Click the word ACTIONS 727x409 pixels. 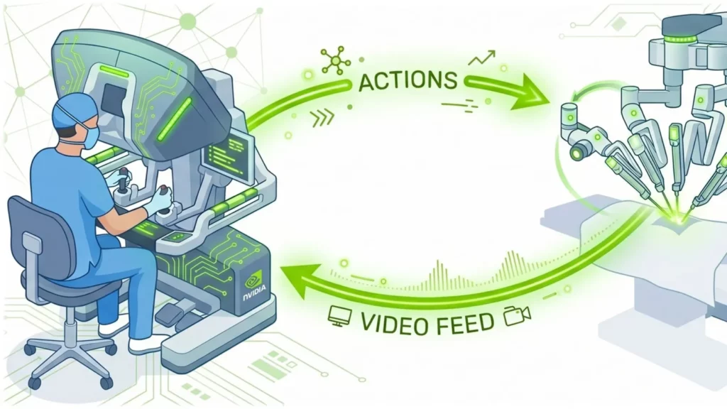tap(408, 81)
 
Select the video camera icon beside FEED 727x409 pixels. tap(517, 316)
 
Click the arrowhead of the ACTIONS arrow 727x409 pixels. tap(528, 92)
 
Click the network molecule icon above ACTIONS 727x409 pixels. tap(336, 60)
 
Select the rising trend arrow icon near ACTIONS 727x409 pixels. tap(482, 58)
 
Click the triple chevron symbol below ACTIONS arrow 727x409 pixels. tap(322, 119)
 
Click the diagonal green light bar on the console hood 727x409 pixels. tap(175, 119)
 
